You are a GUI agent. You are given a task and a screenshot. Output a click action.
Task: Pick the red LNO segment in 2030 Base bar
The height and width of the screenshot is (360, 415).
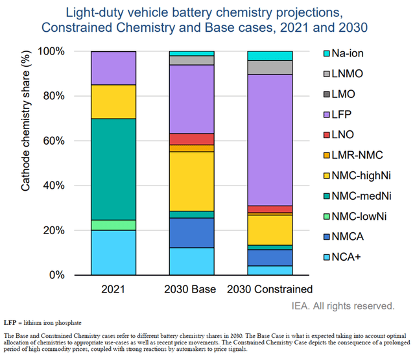click(x=191, y=139)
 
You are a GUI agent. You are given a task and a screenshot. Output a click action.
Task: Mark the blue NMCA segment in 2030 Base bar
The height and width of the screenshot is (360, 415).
click(x=191, y=232)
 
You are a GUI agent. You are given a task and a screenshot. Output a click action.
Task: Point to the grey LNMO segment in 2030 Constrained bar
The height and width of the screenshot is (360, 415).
click(x=270, y=67)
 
